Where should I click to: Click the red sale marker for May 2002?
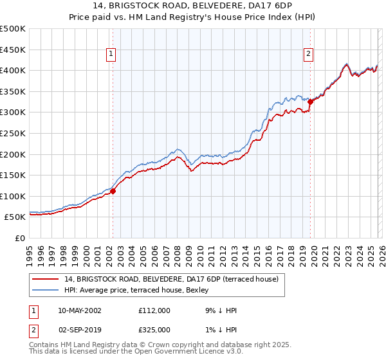[x=113, y=191]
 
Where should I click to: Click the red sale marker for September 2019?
[x=310, y=102]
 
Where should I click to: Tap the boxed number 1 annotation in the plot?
[x=112, y=55]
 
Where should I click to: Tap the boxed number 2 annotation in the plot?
[x=309, y=55]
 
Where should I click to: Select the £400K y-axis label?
[x=13, y=70]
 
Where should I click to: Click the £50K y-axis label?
[x=15, y=217]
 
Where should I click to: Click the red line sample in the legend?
[x=46, y=280]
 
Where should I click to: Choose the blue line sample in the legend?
[x=46, y=291]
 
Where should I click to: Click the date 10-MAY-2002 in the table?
[x=82, y=310]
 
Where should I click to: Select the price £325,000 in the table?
[x=154, y=330]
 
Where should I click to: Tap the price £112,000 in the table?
[x=154, y=310]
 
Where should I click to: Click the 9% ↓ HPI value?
[x=220, y=310]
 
